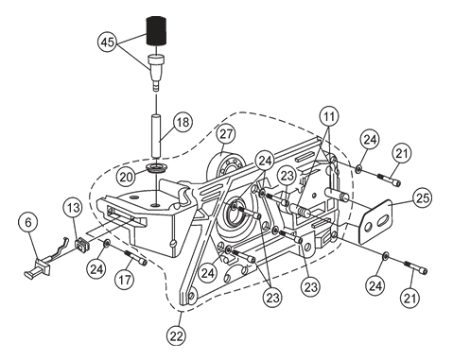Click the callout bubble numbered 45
coord(108,42)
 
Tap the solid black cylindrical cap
coord(156,31)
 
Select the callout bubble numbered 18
coord(183,122)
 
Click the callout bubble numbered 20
coord(127,177)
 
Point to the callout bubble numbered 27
coord(226,134)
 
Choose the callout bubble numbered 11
coord(329,117)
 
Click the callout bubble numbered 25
coord(423,198)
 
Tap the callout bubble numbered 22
coord(177,336)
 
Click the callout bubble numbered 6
coord(28,223)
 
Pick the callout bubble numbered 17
coord(125,280)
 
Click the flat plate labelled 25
coord(375,222)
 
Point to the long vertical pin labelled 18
coord(156,136)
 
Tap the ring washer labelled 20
coord(156,167)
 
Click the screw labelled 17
coord(136,257)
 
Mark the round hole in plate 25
coord(368,228)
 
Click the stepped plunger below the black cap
coord(156,73)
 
